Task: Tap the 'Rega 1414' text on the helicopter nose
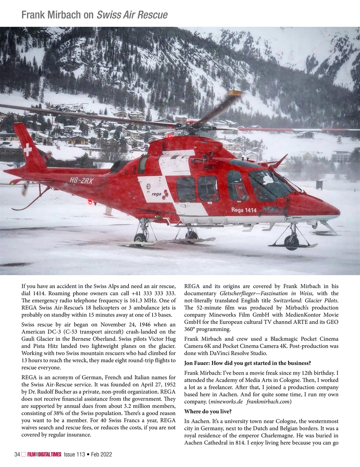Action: [244, 210]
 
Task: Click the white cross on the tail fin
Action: [27, 150]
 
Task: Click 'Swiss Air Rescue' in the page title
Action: [132, 15]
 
